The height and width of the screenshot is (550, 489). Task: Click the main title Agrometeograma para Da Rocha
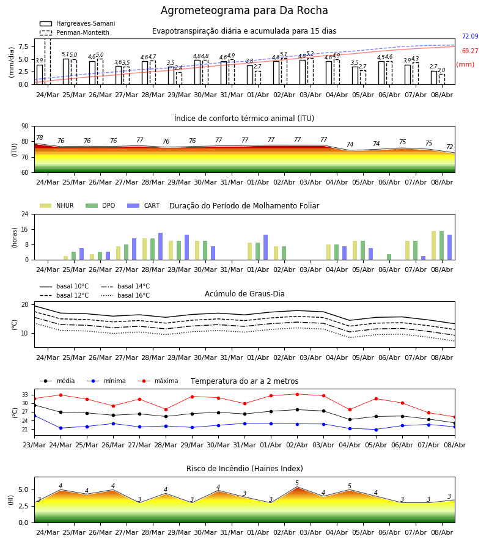coord(244,10)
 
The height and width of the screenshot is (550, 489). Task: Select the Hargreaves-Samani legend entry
coord(77,23)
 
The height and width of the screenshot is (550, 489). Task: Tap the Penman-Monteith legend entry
coord(75,32)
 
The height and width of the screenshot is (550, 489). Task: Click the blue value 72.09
coord(470,36)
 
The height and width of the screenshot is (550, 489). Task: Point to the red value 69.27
coord(470,51)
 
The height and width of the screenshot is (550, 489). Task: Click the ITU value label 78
coord(40,138)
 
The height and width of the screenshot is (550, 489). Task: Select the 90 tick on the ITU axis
coord(25,127)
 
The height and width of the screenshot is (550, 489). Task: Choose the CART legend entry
coord(144,205)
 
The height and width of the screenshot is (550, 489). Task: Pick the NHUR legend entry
coord(57,205)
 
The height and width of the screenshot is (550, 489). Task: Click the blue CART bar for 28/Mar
coord(160,246)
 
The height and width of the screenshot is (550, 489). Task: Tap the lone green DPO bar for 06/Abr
coord(389,257)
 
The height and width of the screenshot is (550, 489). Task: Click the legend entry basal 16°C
coord(125,295)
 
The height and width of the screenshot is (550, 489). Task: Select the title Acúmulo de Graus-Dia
coord(244,294)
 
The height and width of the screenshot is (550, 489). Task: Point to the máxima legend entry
coord(158,381)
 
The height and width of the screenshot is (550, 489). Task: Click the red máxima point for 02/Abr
coord(298,394)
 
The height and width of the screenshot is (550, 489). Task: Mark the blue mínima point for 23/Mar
coord(34,416)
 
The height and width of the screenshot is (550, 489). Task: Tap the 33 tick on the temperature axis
coord(25,395)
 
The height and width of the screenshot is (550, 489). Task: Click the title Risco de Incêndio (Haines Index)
coord(244,469)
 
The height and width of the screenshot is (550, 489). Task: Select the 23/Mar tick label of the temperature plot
coord(34,445)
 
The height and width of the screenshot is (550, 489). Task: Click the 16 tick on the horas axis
coord(25,229)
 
